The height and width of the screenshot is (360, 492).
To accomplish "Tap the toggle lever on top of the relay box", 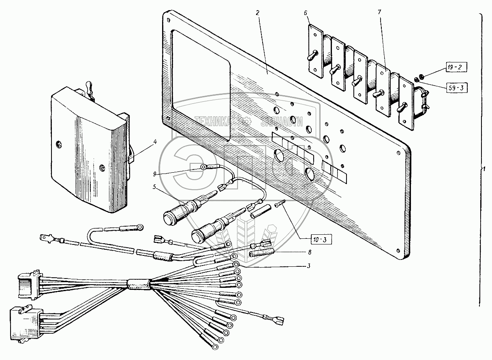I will point(90,88).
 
